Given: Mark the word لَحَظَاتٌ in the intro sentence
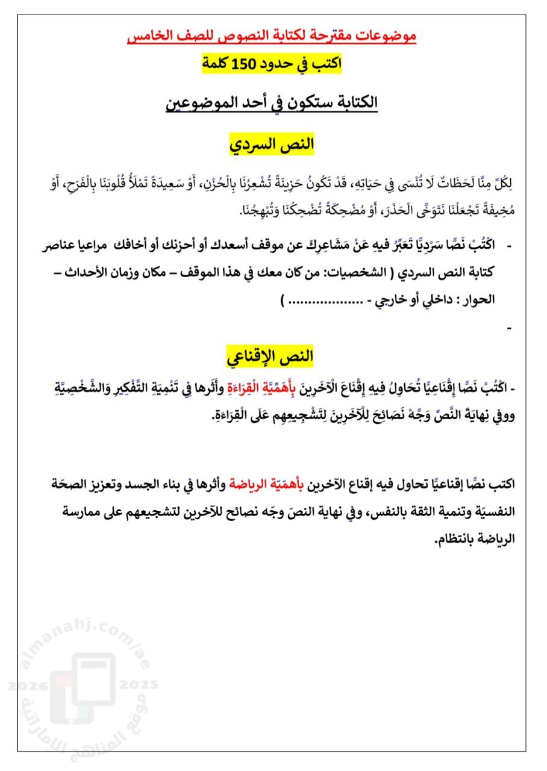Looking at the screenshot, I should point(443,183).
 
